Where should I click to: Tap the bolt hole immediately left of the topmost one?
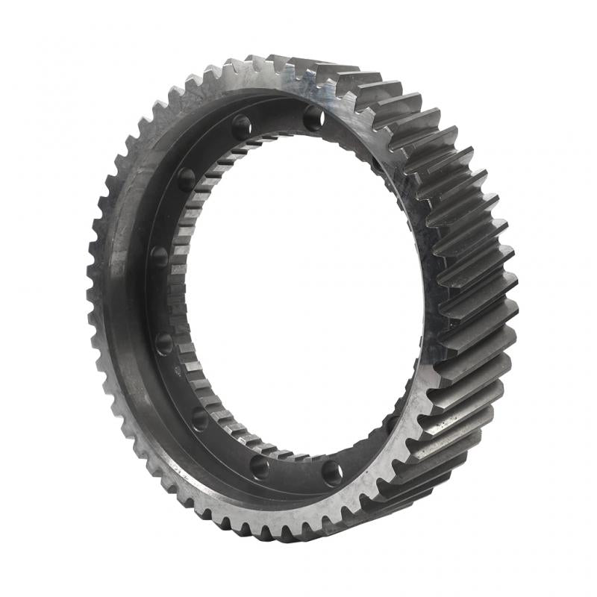tap(241, 128)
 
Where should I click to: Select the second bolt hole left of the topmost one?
tap(186, 179)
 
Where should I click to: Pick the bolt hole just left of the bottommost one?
tap(260, 466)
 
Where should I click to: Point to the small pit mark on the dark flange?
tap(176, 369)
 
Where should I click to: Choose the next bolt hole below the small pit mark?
tap(199, 419)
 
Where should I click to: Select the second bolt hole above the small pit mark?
tap(159, 257)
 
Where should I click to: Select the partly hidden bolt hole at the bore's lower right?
tap(391, 423)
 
